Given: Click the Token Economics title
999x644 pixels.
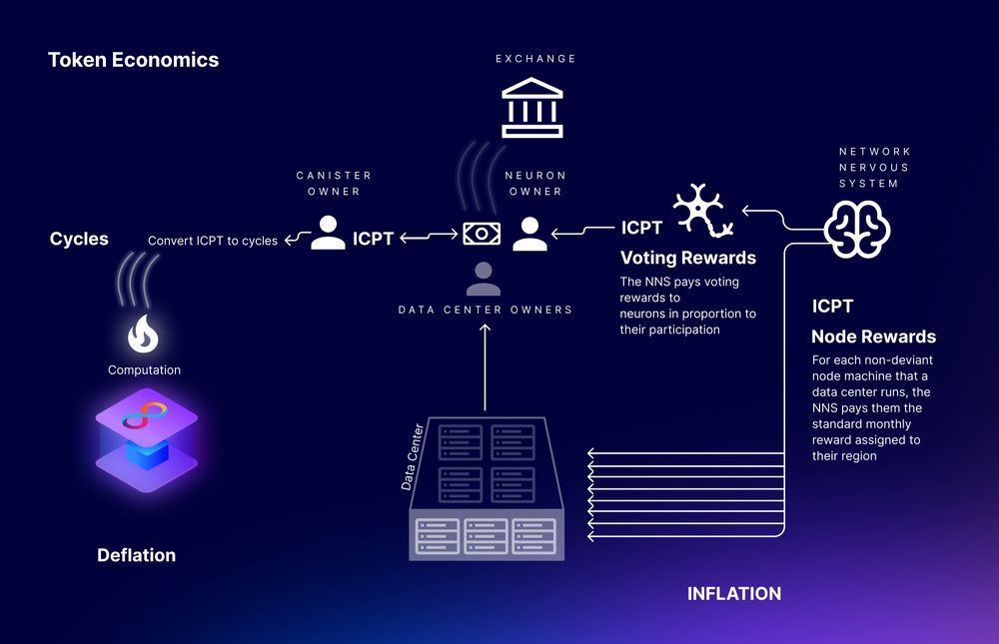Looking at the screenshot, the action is tap(133, 60).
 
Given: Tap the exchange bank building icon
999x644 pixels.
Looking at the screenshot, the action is tap(532, 108).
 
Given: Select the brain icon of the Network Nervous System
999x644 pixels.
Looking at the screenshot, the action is tap(857, 230).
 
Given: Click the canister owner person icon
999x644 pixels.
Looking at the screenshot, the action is tap(328, 233).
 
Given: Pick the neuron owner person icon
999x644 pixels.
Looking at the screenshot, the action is tap(530, 234).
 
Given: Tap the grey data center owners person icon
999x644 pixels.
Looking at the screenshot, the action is tap(483, 279).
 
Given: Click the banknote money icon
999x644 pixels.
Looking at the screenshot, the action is tap(482, 234).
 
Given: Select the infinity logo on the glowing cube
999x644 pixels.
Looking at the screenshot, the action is tap(145, 414).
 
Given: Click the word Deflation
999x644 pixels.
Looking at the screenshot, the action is tap(136, 555).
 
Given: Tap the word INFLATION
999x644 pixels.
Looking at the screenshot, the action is tap(734, 594).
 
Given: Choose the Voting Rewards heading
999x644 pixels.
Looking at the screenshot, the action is tap(688, 258).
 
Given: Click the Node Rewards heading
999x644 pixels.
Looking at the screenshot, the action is tap(873, 336).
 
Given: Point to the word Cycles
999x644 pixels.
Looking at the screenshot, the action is tap(79, 239).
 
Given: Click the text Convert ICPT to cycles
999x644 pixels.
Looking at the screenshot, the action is tap(213, 241).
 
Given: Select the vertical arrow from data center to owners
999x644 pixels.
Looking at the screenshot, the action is tap(485, 366).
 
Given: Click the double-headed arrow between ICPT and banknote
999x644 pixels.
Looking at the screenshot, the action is tap(429, 237).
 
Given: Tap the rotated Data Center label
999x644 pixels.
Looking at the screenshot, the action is tap(413, 456).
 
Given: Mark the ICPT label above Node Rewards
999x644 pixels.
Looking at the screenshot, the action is tap(832, 307).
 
